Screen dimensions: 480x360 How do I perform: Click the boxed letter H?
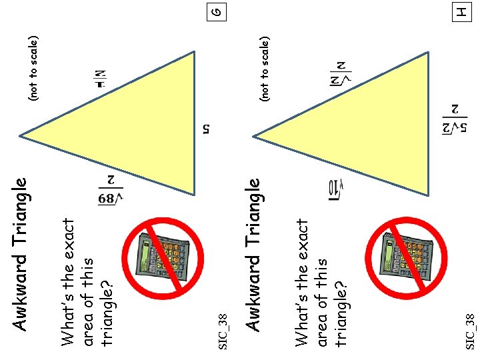[459, 12]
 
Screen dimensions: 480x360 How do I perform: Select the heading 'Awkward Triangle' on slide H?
[253, 253]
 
